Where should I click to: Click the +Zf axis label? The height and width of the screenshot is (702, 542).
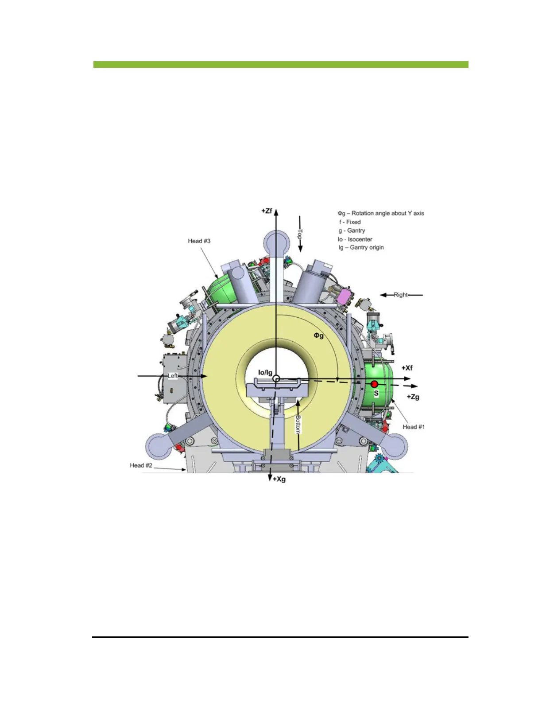tap(267, 211)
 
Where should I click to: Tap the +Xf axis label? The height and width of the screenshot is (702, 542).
tap(407, 368)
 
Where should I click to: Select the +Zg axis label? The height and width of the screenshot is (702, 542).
tap(413, 397)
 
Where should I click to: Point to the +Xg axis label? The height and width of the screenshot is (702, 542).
tap(279, 479)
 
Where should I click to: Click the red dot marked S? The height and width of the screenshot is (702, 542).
tap(375, 384)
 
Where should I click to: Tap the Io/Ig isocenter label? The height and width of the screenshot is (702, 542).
tap(265, 373)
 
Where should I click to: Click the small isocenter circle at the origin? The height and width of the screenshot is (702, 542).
tap(276, 378)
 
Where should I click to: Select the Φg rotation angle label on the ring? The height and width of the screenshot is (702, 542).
tap(319, 335)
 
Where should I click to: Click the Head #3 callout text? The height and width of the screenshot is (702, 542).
tap(199, 241)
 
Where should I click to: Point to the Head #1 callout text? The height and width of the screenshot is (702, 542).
tap(414, 427)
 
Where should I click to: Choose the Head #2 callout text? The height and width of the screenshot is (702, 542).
tap(141, 465)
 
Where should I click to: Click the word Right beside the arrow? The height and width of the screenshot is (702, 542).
tap(401, 295)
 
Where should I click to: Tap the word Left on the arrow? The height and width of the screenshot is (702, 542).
tap(173, 376)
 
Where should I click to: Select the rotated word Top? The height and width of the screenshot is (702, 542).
tap(300, 234)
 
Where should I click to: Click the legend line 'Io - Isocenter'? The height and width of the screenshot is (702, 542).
tap(355, 239)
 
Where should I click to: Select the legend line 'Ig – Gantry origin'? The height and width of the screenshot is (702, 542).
tap(361, 247)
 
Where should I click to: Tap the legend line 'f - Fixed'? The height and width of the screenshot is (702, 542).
tap(350, 222)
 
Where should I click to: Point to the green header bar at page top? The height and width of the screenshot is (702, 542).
tap(281, 65)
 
